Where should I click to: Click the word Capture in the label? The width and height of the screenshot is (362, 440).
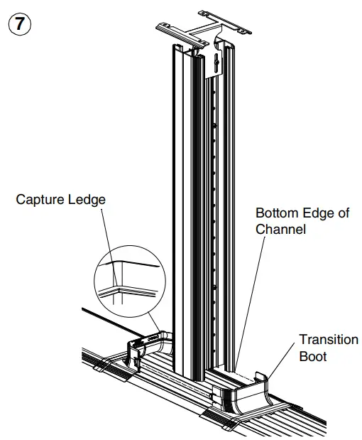point(38,200)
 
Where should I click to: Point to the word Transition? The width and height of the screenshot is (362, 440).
point(328,340)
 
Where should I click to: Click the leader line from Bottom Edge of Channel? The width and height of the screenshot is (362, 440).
point(253,299)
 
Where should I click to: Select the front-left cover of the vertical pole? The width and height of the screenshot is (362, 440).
point(181,213)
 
